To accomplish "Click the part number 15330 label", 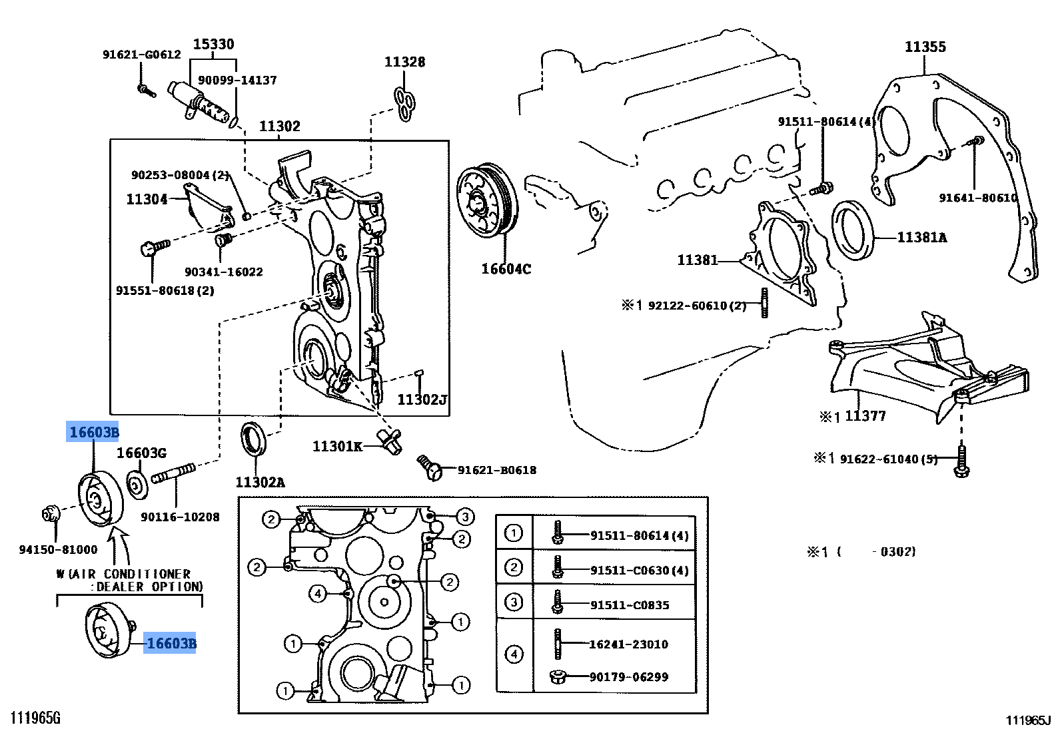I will pos(213,44).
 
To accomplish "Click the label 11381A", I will pos(921,237).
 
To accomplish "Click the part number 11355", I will pos(925,47).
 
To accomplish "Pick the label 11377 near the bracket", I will pos(865,416).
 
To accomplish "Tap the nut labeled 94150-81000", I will pos(49,514).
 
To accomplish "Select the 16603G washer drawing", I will pos(137,484).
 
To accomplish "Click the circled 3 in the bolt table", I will pos(513,603).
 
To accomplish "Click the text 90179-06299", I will pos(628,676).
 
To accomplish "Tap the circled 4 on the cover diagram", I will pos(318,593).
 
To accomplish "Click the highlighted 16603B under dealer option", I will pos(171,644).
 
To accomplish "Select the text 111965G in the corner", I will pos(35,718).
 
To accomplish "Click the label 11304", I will pos(147,198).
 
